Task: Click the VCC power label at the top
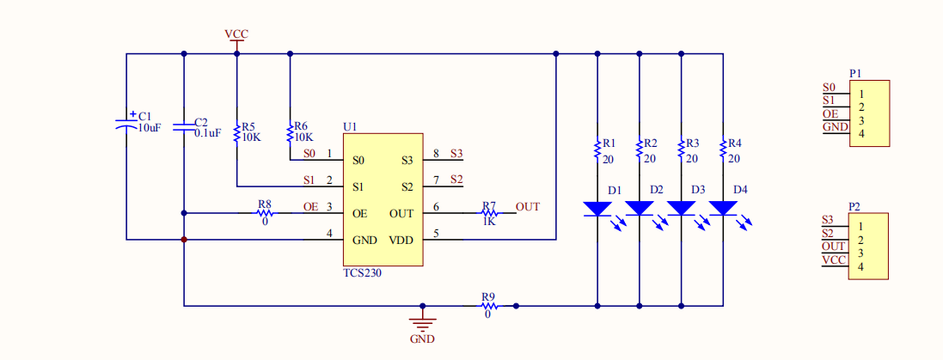pos(236,34)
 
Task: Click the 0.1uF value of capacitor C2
pos(208,133)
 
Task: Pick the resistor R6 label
pos(301,125)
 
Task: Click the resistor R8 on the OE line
pos(265,213)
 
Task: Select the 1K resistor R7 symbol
pos(489,213)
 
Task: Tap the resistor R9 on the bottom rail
pos(488,305)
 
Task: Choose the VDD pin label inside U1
pos(401,240)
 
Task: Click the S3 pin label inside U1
pos(407,161)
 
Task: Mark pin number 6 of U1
pos(436,207)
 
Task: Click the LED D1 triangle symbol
pos(597,208)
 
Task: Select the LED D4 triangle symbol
pos(723,208)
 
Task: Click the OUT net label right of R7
pos(528,207)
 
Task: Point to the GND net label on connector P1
pos(835,126)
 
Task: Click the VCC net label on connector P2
pos(834,259)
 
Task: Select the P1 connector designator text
pos(855,74)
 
